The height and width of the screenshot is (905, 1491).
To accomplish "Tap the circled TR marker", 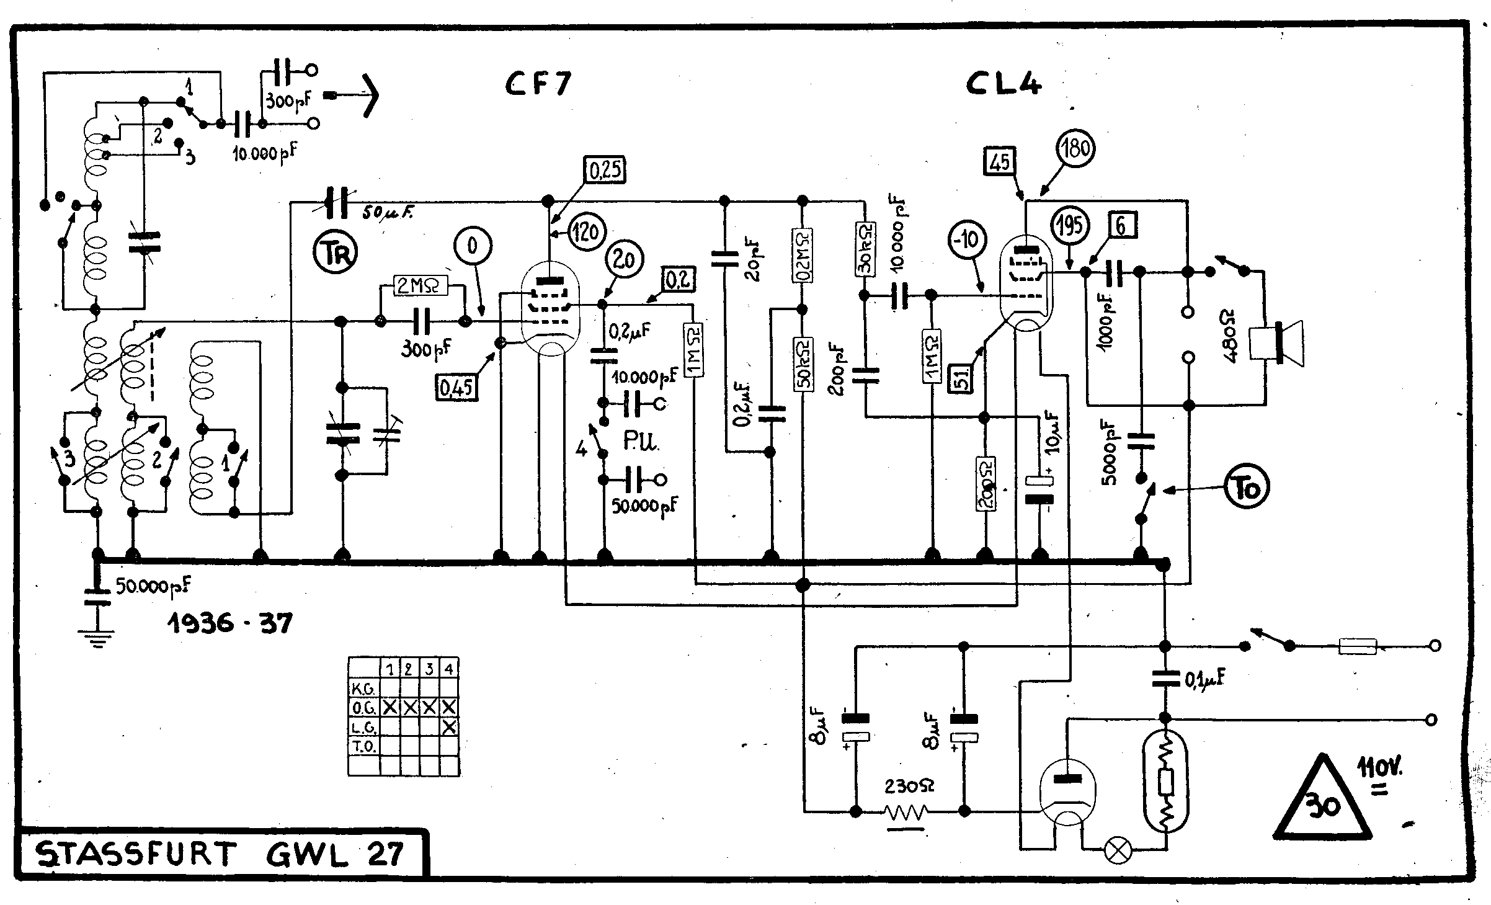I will point(335,254).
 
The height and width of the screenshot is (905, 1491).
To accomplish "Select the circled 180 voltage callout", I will point(1075,149).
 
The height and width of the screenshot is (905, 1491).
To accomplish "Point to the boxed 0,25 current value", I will point(604,170).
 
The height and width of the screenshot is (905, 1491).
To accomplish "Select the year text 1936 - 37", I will point(229,622).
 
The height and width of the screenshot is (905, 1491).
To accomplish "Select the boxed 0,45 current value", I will point(456,388).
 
